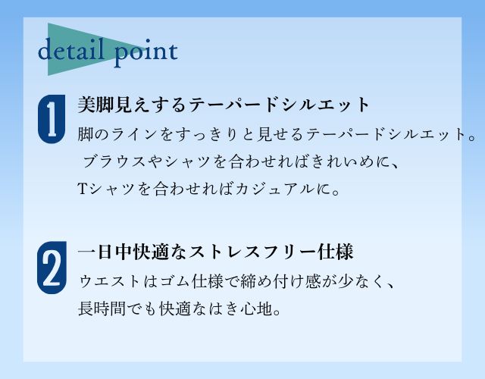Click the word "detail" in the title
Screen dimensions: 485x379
coord(70,49)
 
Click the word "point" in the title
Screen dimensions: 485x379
coord(146,52)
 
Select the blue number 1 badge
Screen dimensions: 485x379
coord(52,119)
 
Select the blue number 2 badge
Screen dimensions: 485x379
coord(52,268)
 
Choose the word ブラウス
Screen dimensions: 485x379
coord(114,161)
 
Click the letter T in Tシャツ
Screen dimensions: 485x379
coord(82,189)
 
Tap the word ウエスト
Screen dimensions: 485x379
coord(110,281)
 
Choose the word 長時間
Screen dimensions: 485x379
coord(102,309)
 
